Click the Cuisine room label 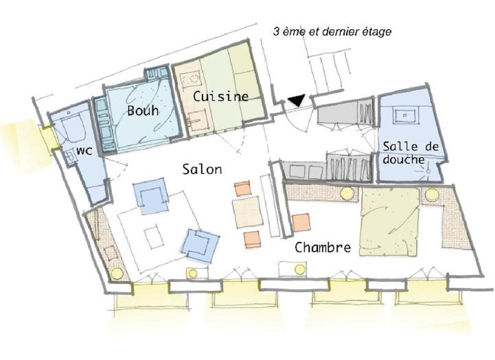[x=221, y=97]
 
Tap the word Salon [x=202, y=169]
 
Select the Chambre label [x=322, y=247]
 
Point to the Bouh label [x=143, y=110]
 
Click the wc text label [x=84, y=151]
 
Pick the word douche [x=403, y=159]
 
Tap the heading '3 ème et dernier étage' [x=332, y=31]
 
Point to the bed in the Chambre [x=390, y=221]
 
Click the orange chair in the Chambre [x=301, y=222]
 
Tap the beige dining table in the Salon [x=248, y=212]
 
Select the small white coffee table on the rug [x=154, y=236]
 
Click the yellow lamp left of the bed [x=347, y=193]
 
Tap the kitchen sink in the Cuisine [x=197, y=121]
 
